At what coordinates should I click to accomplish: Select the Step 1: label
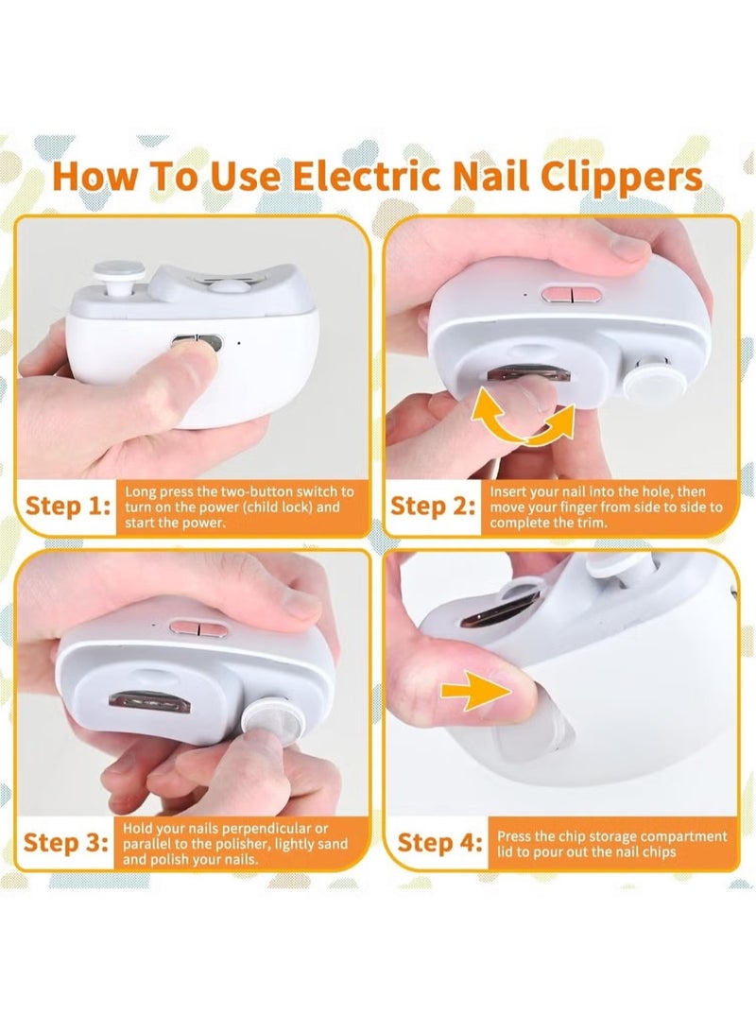(67, 506)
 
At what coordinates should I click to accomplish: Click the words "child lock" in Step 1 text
(281, 507)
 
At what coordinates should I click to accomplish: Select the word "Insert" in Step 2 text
(507, 491)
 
